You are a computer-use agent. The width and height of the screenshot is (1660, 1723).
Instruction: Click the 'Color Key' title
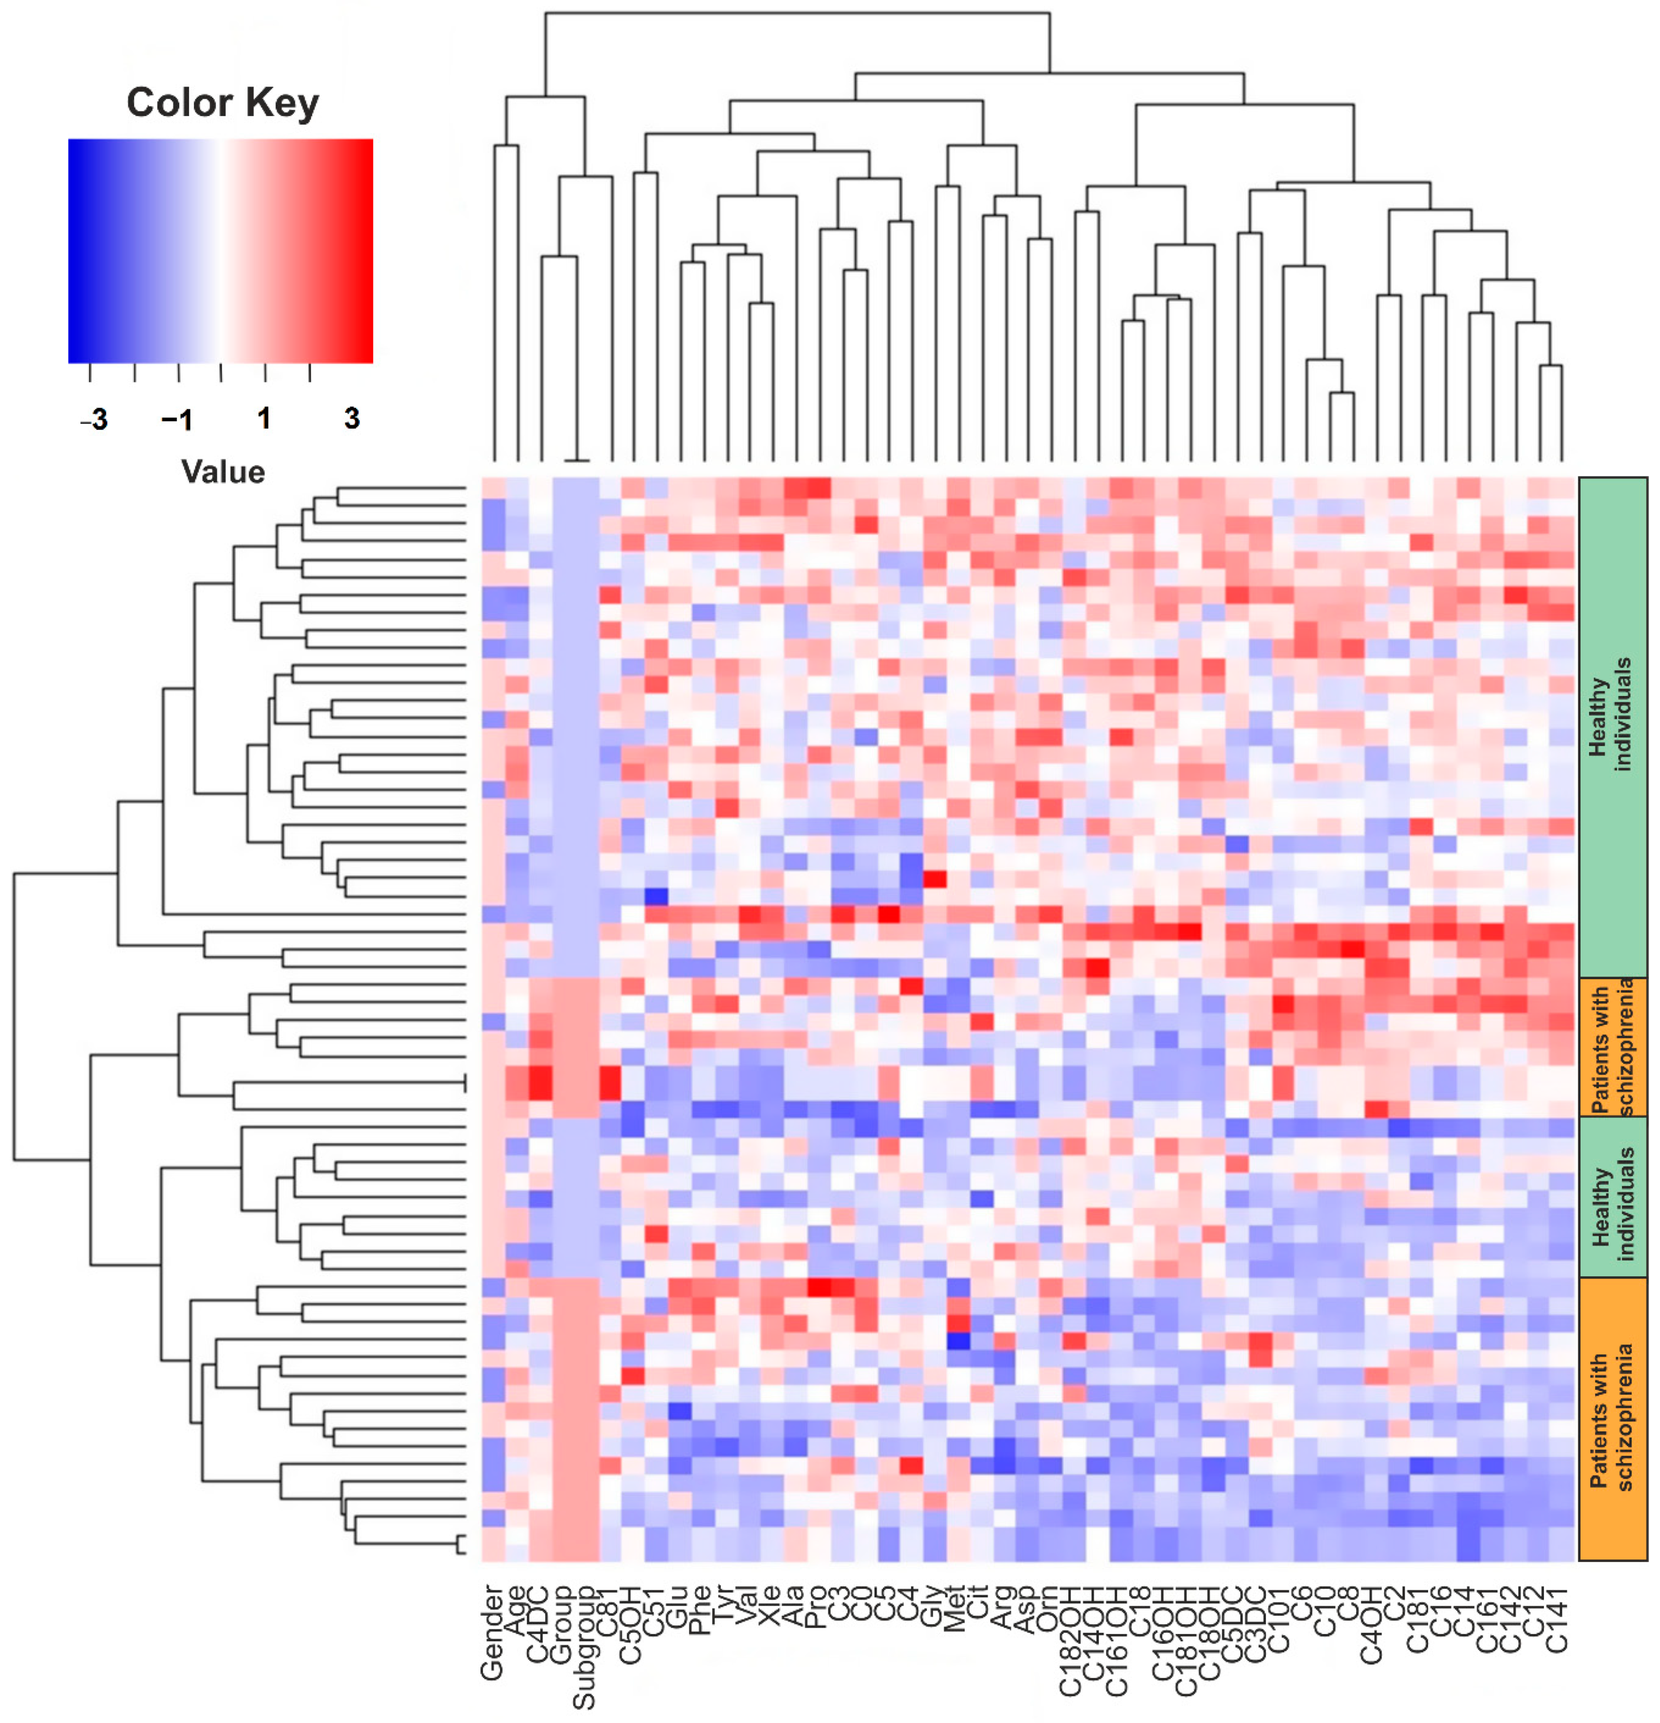[222, 103]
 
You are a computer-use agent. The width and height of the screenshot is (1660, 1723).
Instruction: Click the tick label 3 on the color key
[352, 419]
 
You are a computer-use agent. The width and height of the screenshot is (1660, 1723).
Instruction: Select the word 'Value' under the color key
[222, 472]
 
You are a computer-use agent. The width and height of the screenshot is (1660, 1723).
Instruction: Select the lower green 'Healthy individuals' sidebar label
[1612, 1197]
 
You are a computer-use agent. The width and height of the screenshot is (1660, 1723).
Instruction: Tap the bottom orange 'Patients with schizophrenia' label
[1612, 1417]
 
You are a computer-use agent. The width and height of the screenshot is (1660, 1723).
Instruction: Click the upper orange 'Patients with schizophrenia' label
[1612, 1048]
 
